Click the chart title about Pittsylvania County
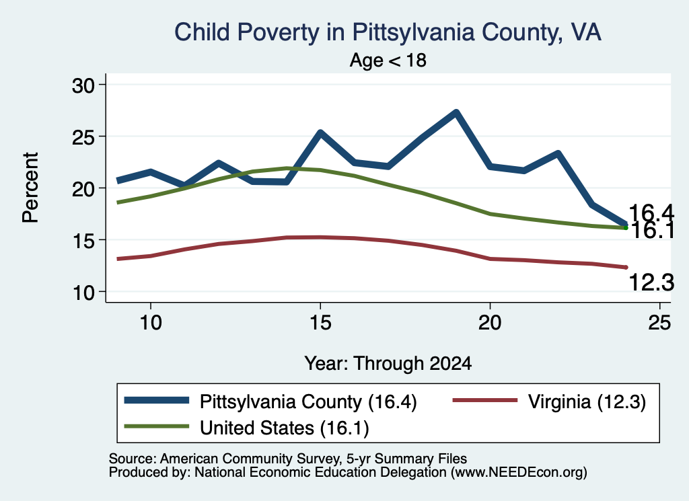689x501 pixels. click(x=388, y=32)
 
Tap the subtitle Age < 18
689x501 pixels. click(x=388, y=60)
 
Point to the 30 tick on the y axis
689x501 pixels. click(x=83, y=85)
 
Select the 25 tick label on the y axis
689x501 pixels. click(x=83, y=137)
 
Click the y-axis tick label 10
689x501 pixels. click(x=83, y=293)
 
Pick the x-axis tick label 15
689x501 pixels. click(x=320, y=323)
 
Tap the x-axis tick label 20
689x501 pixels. click(x=490, y=323)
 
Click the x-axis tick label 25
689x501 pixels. click(x=659, y=323)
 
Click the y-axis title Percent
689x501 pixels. click(x=30, y=188)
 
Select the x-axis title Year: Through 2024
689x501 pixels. click(x=388, y=364)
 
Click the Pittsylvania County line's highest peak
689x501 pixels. click(x=456, y=112)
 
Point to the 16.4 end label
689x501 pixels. click(x=651, y=213)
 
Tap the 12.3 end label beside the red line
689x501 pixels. click(x=651, y=282)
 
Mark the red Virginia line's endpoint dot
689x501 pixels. click(x=626, y=267)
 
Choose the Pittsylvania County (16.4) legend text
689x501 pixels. click(x=308, y=401)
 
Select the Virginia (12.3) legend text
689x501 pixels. click(x=587, y=401)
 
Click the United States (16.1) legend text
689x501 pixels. click(x=285, y=428)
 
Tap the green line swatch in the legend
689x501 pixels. click(x=156, y=426)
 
